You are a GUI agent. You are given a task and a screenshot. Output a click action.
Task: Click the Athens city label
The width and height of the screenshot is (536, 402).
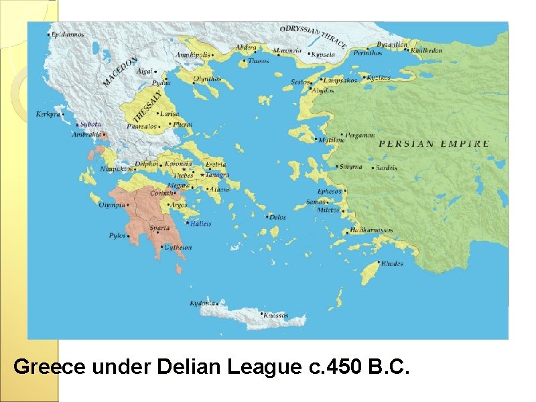[x=219, y=190]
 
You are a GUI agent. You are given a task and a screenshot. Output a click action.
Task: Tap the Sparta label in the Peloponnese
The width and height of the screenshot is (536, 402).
[x=159, y=228]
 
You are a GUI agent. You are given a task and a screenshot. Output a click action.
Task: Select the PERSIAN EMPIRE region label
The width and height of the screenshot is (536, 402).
[x=433, y=143]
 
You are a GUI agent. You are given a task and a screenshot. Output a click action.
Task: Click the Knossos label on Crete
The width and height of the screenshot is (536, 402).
[x=275, y=315]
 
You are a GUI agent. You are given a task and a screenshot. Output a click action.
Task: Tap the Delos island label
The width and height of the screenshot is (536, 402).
[x=277, y=217]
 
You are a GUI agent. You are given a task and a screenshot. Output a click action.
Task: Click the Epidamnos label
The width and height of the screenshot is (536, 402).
[x=69, y=33]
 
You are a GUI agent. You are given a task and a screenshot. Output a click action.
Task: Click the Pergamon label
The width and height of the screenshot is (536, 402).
[x=360, y=135]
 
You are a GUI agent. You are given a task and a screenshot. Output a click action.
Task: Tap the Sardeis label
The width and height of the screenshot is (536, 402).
[x=386, y=167]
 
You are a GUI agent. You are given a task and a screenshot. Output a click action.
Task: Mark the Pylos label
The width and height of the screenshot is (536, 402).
[x=117, y=236]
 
